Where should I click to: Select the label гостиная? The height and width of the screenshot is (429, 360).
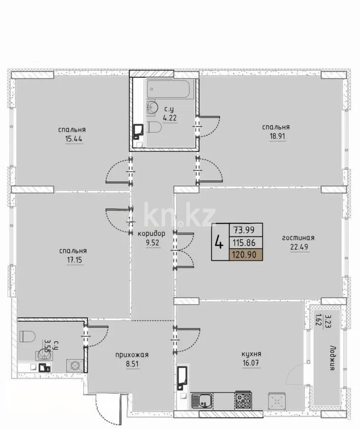coord(299,237)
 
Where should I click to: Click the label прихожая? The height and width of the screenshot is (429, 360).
coord(132,355)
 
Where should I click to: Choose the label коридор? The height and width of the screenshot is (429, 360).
coord(151,234)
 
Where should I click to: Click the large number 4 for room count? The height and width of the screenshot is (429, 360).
coord(219,243)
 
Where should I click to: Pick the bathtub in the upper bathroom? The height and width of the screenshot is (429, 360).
coord(170,89)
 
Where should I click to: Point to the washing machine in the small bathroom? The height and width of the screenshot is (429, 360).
coord(74,366)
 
